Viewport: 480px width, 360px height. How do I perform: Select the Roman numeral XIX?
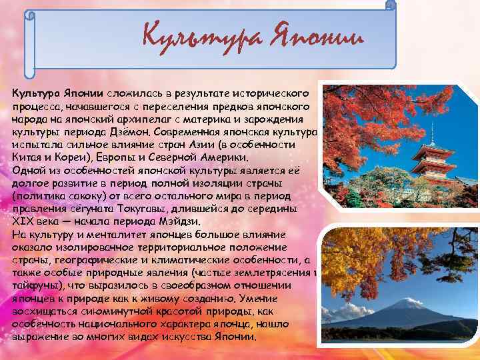pos(23,221)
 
